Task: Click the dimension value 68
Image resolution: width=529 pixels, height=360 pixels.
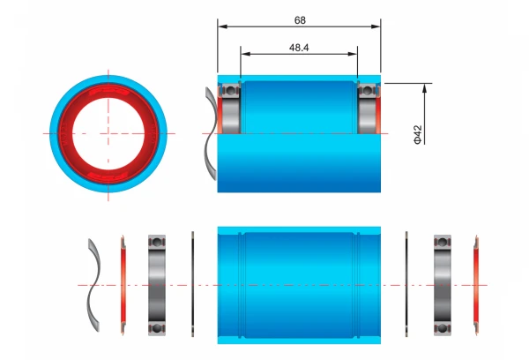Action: coord(300,20)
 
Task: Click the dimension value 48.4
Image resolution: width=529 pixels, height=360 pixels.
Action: coord(299,48)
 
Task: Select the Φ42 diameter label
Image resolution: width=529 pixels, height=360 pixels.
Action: coord(418,134)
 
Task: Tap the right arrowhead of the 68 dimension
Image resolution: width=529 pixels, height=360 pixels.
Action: coord(376,26)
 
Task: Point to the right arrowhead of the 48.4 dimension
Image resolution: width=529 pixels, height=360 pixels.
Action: coord(353,54)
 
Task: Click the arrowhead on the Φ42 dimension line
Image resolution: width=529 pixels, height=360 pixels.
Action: coord(424,88)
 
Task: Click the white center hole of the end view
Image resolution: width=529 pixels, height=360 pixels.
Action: coord(108,134)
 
